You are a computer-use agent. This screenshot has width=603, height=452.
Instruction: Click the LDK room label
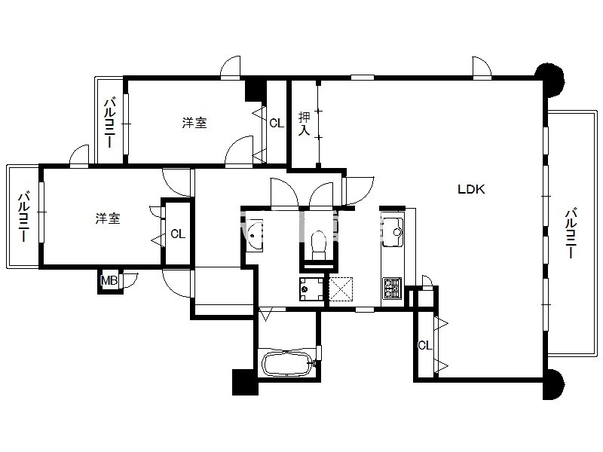pyautogui.click(x=472, y=189)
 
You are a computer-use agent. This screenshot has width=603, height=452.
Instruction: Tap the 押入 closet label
pyautogui.click(x=305, y=124)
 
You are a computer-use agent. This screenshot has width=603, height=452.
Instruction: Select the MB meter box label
pyautogui.click(x=109, y=280)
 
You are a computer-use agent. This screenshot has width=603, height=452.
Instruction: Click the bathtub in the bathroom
pyautogui.click(x=287, y=363)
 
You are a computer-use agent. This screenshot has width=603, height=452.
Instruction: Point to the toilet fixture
pyautogui.click(x=317, y=244)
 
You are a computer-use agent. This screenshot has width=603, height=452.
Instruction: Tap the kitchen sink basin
pyautogui.click(x=393, y=232)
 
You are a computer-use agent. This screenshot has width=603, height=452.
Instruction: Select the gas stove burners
pyautogui.click(x=392, y=288)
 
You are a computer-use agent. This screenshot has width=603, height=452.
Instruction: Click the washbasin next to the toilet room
pyautogui.click(x=254, y=236)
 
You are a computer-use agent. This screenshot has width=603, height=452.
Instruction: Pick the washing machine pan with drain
pyautogui.click(x=312, y=289)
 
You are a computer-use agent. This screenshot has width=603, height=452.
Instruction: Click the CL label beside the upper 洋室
pyautogui.click(x=277, y=124)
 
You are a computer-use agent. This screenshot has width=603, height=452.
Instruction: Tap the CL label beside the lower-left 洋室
pyautogui.click(x=178, y=234)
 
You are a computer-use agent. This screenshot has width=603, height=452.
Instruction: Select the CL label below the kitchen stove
pyautogui.click(x=425, y=346)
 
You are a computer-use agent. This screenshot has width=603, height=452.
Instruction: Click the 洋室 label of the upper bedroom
pyautogui.click(x=194, y=123)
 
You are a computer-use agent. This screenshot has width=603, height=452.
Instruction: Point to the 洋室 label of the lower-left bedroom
pyautogui.click(x=108, y=218)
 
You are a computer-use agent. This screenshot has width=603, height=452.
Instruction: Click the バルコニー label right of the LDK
pyautogui.click(x=571, y=234)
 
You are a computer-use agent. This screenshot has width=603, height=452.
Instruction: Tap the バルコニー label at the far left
pyautogui.click(x=24, y=217)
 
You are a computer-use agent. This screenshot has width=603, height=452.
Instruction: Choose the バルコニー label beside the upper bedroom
pyautogui.click(x=110, y=123)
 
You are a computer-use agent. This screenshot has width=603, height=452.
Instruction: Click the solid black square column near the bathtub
pyautogui.click(x=245, y=382)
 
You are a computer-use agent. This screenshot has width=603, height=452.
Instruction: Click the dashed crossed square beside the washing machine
pyautogui.click(x=341, y=289)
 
